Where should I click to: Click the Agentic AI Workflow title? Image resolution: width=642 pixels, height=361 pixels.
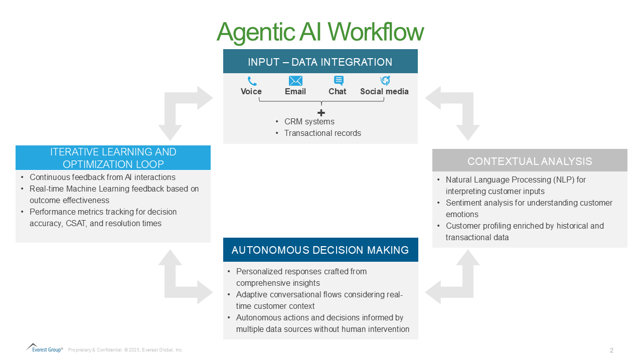click(x=320, y=32)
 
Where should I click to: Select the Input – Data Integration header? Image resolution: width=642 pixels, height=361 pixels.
click(x=320, y=62)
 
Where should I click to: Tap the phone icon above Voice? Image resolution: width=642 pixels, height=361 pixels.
click(x=252, y=81)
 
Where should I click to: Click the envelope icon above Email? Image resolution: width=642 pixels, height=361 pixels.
click(x=295, y=81)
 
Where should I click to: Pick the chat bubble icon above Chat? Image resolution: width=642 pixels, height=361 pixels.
click(x=339, y=81)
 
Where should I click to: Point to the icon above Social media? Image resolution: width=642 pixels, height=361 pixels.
click(x=385, y=81)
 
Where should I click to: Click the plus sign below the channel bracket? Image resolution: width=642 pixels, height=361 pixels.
click(x=322, y=113)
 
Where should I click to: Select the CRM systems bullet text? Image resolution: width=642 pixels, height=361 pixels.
click(x=309, y=121)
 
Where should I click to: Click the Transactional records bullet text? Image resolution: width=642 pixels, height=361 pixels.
click(x=323, y=133)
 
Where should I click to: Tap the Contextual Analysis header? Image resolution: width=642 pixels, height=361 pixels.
click(x=530, y=161)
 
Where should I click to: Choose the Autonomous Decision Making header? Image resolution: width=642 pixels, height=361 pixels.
click(x=320, y=250)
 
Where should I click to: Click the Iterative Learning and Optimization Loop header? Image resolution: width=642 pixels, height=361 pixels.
click(x=113, y=158)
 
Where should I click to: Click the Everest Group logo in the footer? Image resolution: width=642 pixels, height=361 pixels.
click(x=45, y=348)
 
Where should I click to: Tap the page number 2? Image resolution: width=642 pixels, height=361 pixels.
click(x=611, y=350)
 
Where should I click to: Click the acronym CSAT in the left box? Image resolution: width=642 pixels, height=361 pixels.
click(x=76, y=223)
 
